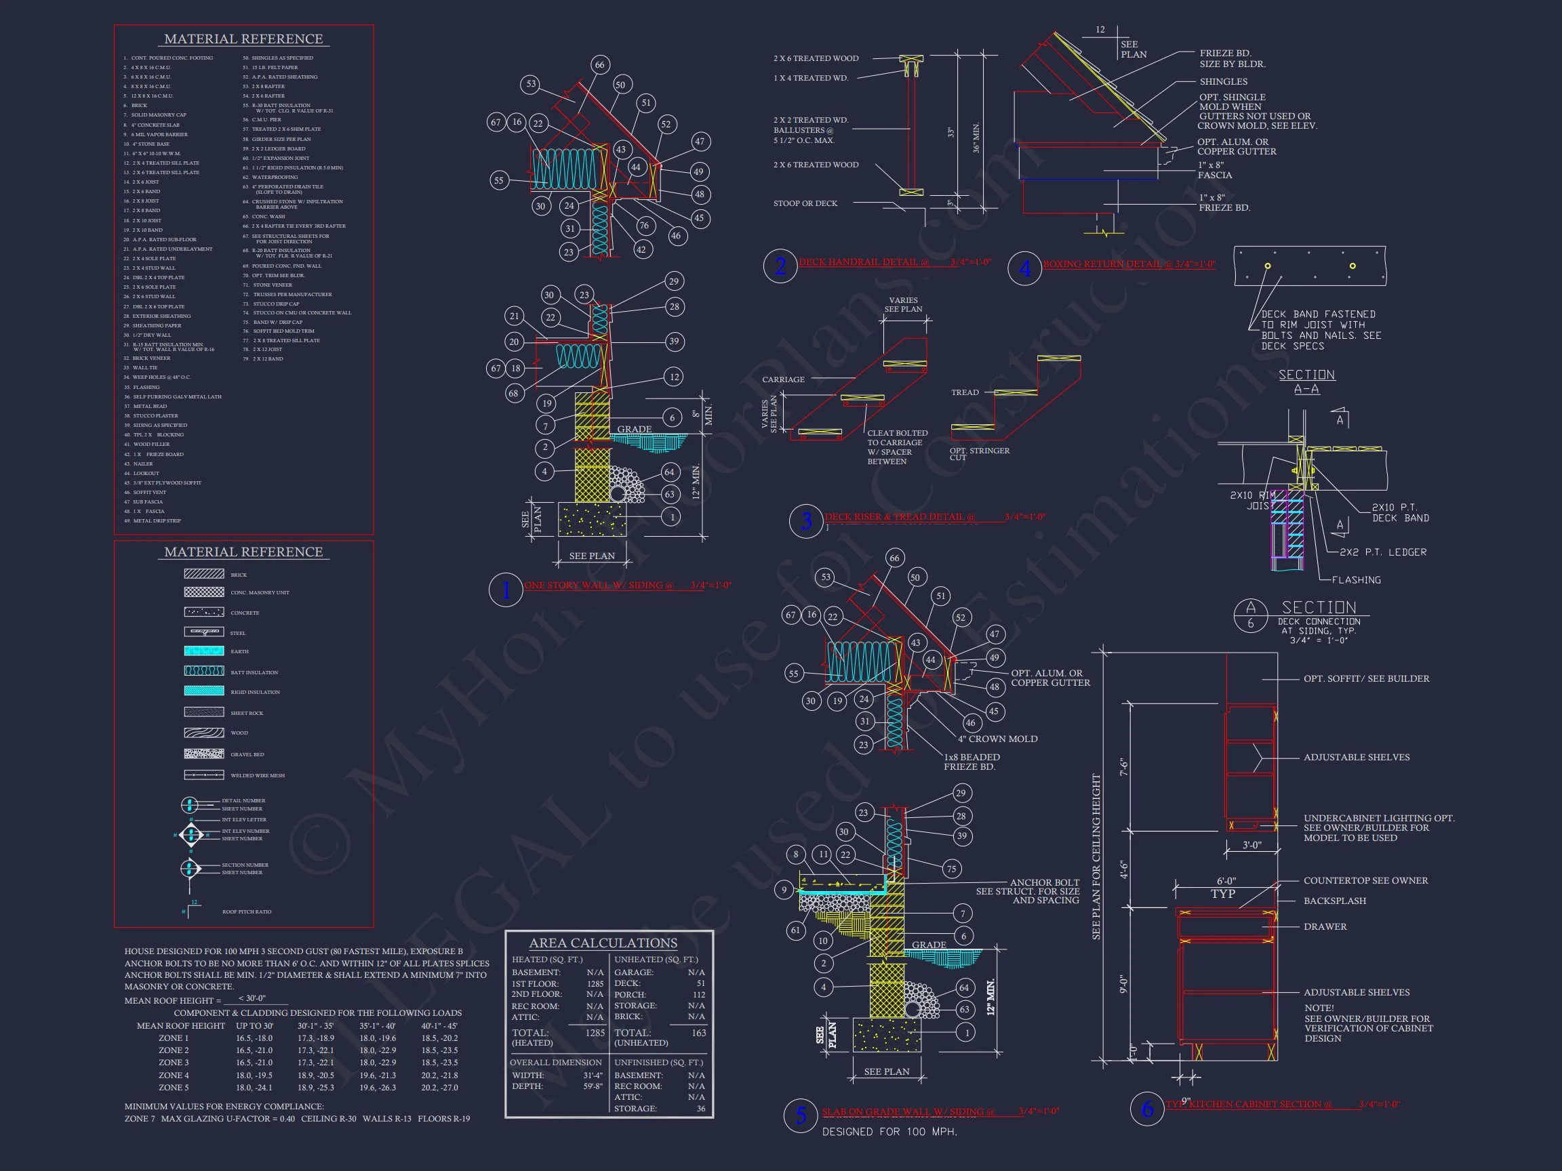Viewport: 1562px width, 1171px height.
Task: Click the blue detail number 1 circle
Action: tap(506, 590)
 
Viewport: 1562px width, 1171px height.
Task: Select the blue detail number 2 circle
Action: tap(780, 266)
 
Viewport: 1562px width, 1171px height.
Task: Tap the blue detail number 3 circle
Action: tap(805, 522)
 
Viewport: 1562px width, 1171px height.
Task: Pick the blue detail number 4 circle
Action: tap(1024, 268)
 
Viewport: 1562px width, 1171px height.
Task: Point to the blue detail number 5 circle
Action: tap(801, 1116)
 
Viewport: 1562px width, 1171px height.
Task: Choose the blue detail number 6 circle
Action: tap(1148, 1108)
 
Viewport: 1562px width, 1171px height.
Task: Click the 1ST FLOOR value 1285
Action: tap(595, 983)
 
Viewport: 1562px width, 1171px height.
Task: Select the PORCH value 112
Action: tap(698, 995)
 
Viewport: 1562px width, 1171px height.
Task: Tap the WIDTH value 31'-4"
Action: tap(593, 1075)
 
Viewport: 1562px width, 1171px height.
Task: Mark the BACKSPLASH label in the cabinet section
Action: tap(1335, 901)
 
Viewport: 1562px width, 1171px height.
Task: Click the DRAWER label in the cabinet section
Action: tap(1325, 926)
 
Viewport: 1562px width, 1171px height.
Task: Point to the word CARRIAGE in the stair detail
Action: tap(783, 379)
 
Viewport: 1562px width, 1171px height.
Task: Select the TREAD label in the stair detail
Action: tap(965, 392)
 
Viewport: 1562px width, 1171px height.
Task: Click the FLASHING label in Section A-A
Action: tap(1356, 580)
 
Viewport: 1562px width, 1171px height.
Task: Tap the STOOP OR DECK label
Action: tap(805, 203)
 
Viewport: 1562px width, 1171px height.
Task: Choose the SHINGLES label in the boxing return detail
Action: tap(1223, 82)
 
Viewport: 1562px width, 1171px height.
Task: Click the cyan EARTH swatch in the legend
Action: tap(204, 651)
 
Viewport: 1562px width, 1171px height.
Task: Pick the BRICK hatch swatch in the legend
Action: tap(204, 574)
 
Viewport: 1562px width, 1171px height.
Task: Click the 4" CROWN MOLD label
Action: tap(997, 739)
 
